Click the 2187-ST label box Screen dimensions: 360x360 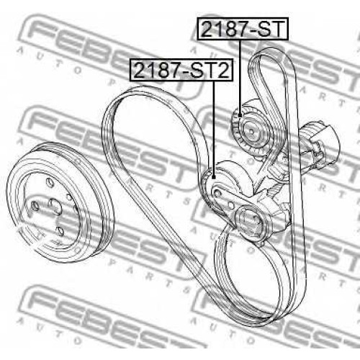click(x=243, y=29)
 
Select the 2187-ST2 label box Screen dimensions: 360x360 click(x=181, y=69)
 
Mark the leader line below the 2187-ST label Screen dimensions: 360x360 click(x=240, y=77)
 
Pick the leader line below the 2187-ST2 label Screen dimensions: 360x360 click(x=214, y=128)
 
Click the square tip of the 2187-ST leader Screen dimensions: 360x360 click(x=240, y=115)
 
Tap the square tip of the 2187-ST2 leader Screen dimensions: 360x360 click(x=214, y=177)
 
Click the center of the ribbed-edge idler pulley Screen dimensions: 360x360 click(x=251, y=131)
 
